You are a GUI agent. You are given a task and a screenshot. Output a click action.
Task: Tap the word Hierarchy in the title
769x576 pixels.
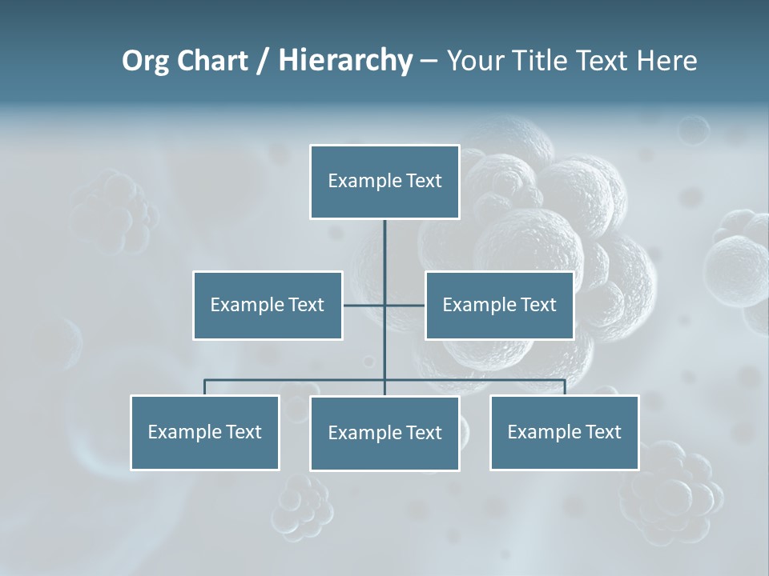345,61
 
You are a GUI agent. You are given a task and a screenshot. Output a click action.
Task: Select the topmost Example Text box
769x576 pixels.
384,182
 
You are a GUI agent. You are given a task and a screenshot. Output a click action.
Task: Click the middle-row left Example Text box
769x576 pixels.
268,305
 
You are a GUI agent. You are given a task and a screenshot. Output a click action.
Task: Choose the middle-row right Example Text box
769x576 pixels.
499,305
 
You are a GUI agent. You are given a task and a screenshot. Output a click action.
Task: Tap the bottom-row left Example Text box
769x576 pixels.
204,432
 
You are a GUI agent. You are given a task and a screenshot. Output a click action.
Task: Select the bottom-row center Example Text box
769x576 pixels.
384,433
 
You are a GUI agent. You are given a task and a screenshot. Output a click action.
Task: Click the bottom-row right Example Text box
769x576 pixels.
564,432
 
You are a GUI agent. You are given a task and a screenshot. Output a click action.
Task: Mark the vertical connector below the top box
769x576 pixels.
384,256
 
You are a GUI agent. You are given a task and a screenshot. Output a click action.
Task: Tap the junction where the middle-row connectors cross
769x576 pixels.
384,305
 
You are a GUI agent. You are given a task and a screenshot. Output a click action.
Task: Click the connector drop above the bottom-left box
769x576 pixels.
204,387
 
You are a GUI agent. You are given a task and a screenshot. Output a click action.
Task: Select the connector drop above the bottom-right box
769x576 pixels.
565,387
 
